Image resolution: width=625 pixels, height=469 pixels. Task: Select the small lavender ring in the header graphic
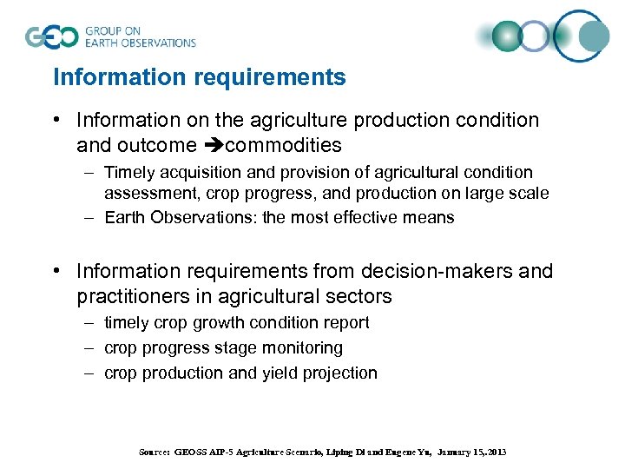pos(536,36)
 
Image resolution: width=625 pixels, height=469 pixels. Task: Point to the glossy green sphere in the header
pos(505,36)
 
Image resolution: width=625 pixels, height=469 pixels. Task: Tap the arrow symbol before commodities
pos(213,145)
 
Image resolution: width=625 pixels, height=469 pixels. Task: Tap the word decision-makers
pos(425,272)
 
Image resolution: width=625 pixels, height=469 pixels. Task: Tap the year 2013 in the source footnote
pos(494,452)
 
